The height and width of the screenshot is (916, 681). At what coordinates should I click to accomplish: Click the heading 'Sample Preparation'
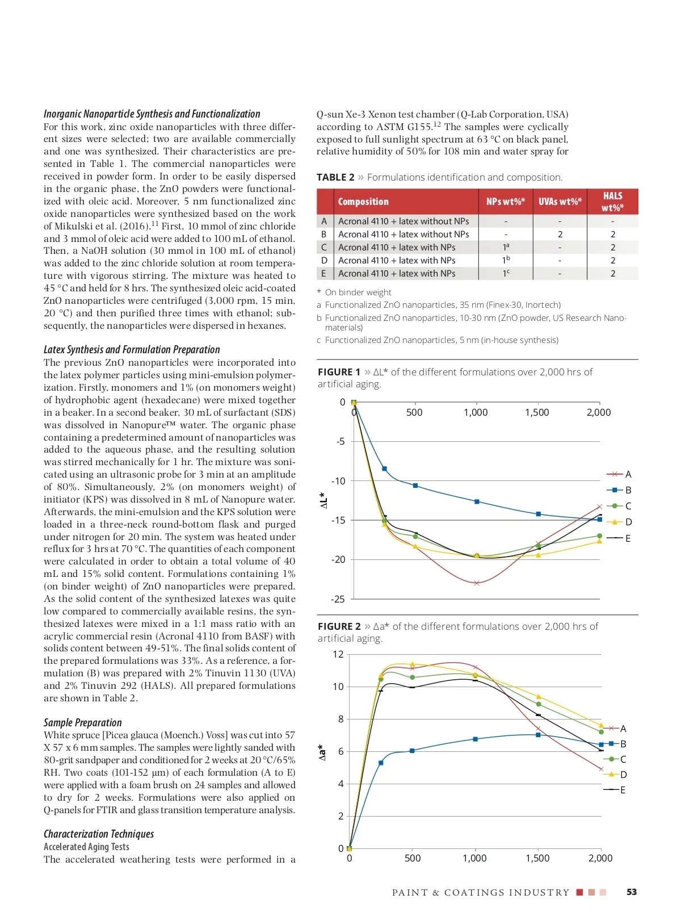pos(83,722)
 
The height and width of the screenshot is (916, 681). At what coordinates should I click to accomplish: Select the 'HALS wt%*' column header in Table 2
pos(612,202)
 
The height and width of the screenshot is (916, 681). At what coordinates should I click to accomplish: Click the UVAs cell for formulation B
pos(560,235)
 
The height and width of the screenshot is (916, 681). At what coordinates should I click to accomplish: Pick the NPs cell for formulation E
pos(506,273)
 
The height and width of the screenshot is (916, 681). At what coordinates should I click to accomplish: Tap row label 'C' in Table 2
pos(324,248)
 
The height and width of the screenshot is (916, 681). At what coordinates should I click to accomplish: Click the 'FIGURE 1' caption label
pos(339,372)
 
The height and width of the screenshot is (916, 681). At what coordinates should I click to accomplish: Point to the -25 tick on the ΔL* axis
pos(338,599)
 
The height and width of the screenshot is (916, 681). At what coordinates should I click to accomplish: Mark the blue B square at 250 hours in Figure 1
pos(384,469)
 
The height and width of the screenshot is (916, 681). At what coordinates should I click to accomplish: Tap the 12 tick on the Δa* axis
pos(338,654)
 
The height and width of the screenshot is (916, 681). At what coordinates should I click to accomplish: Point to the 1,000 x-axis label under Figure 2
pos(474,858)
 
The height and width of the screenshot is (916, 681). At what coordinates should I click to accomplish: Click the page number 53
pos(632,892)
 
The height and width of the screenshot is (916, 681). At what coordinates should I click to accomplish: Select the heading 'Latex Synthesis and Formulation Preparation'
pos(132,349)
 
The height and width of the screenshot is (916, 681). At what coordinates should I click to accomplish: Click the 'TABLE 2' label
pos(335,177)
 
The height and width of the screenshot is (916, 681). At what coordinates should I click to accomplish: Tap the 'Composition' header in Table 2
pos(363,202)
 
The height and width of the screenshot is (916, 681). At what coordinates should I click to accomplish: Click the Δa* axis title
pos(323,752)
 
